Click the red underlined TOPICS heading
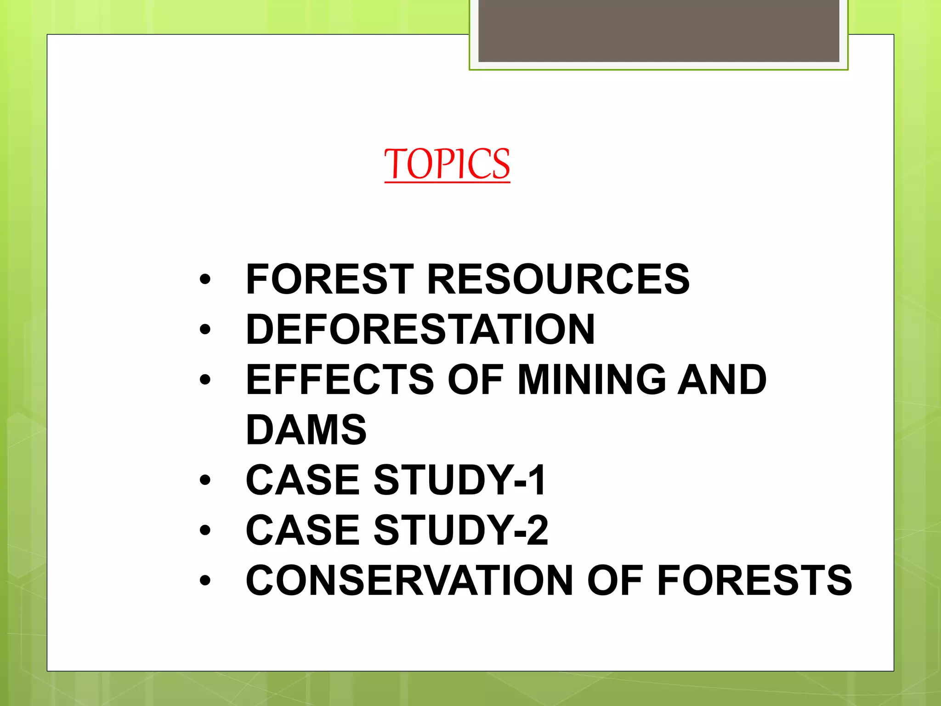tap(447, 164)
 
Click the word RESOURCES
tap(558, 279)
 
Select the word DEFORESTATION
tap(420, 329)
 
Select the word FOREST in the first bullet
tap(330, 279)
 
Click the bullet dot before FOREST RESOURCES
tap(205, 279)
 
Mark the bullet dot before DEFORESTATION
tap(205, 330)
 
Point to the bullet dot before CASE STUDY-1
tap(205, 480)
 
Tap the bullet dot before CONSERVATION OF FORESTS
tap(205, 581)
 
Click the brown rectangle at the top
tap(659, 30)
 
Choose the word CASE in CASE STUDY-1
tap(303, 480)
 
